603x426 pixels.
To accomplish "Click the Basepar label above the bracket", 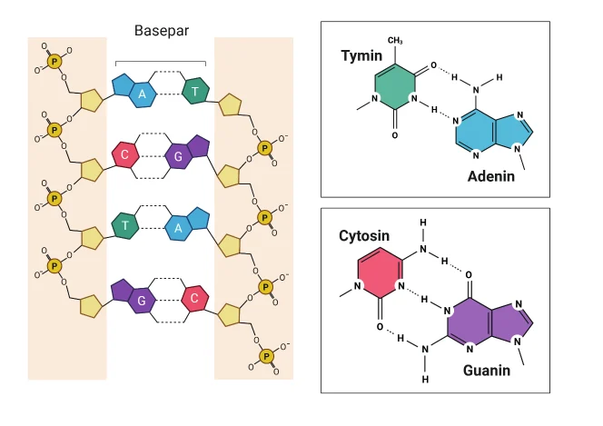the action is click(162, 30).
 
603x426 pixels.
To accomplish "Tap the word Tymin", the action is click(361, 55).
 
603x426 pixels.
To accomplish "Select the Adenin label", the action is click(491, 176).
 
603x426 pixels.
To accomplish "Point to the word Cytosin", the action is click(364, 235).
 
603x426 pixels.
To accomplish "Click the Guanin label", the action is click(487, 371).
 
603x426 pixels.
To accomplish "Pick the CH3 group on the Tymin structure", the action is click(395, 40).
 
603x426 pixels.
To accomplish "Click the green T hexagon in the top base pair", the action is click(195, 91).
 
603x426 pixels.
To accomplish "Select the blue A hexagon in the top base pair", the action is click(143, 94).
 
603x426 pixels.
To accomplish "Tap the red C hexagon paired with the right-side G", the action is click(125, 154).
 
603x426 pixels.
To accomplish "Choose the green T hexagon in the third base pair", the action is click(125, 225).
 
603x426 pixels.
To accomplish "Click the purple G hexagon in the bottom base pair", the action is click(142, 301).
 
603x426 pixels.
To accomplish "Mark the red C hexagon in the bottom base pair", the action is click(195, 298).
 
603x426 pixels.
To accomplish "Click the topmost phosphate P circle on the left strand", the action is click(54, 61).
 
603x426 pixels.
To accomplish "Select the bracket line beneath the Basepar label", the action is click(161, 62).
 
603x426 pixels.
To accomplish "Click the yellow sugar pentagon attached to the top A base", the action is click(92, 101).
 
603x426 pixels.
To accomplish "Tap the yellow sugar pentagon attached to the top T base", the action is click(230, 104).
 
